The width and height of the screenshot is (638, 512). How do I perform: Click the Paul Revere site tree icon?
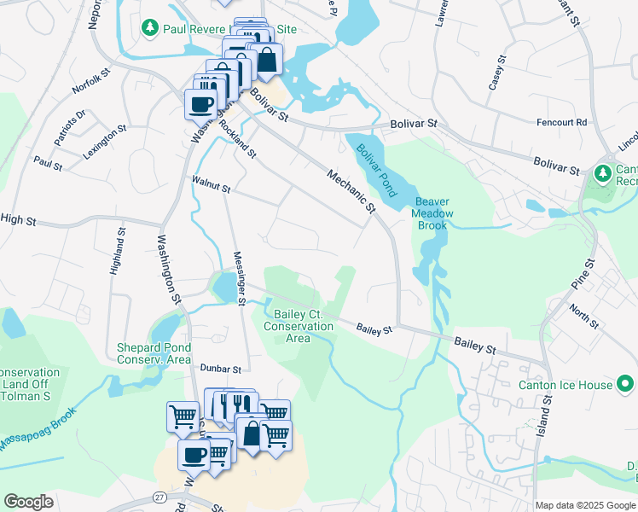(x=151, y=28)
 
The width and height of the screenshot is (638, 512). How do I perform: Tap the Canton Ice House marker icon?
(x=625, y=384)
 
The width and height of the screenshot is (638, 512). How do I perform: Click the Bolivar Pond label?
(x=373, y=163)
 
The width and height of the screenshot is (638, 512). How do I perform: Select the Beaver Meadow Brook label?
(x=432, y=213)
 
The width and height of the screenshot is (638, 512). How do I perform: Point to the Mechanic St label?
(x=351, y=190)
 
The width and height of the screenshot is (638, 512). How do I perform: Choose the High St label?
(x=19, y=220)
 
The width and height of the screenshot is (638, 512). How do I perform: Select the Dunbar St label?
(x=221, y=369)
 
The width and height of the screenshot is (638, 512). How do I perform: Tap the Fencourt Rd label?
(x=561, y=123)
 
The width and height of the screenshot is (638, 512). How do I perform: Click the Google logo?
(x=29, y=502)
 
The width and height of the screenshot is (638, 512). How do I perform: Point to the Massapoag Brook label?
(x=38, y=430)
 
